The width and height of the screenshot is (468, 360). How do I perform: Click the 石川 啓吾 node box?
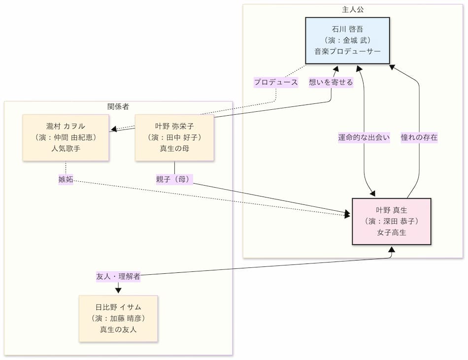pyautogui.click(x=347, y=41)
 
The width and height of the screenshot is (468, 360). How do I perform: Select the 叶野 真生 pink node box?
pyautogui.click(x=392, y=221)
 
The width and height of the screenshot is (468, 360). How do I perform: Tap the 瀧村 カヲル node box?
pyautogui.click(x=66, y=137)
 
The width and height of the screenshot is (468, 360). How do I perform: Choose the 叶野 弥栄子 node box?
pyautogui.click(x=174, y=137)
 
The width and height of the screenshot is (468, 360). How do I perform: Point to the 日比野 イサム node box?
pyautogui.click(x=118, y=318)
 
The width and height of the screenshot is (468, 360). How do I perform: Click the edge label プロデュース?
pyautogui.click(x=276, y=82)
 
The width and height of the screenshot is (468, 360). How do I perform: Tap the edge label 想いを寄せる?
pyautogui.click(x=331, y=82)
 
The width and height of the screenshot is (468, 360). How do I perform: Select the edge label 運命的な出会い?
pyautogui.click(x=364, y=138)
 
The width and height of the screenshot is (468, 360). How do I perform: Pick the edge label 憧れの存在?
pyautogui.click(x=419, y=138)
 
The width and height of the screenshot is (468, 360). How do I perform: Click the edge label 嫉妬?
pyautogui.click(x=66, y=179)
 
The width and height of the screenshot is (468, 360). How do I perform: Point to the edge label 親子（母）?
pyautogui.click(x=174, y=179)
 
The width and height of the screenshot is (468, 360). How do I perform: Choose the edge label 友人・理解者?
pyautogui.click(x=118, y=276)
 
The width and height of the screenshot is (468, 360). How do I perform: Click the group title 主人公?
pyautogui.click(x=353, y=9)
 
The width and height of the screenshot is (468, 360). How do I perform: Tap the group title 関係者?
pyautogui.click(x=118, y=106)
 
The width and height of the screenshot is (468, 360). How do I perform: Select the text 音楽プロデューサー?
pyautogui.click(x=347, y=51)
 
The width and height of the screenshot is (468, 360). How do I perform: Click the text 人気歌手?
pyautogui.click(x=66, y=148)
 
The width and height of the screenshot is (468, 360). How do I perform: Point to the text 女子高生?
pyautogui.click(x=392, y=232)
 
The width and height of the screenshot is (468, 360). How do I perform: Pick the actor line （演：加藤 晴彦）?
pyautogui.click(x=118, y=318)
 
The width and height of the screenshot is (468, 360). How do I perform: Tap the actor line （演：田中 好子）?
pyautogui.click(x=174, y=137)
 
